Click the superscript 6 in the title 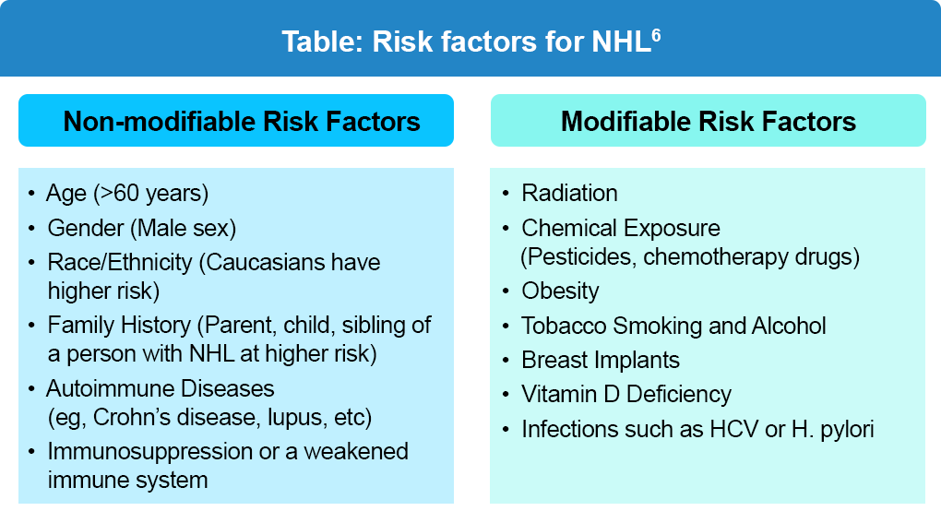(656, 35)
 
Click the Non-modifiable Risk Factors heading (242, 121)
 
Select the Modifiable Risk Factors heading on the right (709, 121)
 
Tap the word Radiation (569, 193)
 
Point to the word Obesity (560, 291)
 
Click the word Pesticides (578, 257)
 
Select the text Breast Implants (601, 361)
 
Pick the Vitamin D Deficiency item (626, 395)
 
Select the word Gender (86, 228)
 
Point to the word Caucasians (262, 263)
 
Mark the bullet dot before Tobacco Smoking (506, 327)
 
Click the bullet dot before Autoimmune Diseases (31, 389)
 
